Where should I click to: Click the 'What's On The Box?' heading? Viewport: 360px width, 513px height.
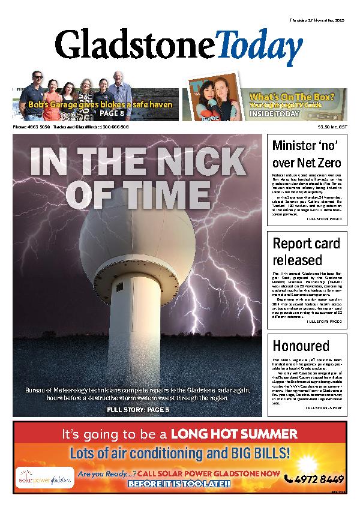pos(298,95)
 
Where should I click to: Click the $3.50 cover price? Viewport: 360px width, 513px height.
pos(323,127)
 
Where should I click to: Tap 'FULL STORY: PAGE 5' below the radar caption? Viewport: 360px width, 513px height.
pos(138,410)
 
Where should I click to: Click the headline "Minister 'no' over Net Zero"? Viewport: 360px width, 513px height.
pos(307,154)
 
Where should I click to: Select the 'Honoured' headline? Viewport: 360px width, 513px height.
pos(301,346)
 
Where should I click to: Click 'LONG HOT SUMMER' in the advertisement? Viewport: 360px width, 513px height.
pos(233,434)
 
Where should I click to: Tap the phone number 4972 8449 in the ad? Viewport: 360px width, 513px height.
pos(314,479)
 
